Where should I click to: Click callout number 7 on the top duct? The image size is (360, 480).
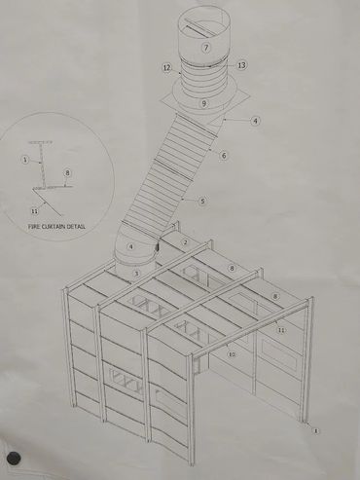coord(206,48)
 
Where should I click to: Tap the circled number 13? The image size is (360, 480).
coord(241,65)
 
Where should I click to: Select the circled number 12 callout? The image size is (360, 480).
coord(166,68)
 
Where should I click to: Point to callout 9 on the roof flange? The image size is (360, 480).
coord(203,103)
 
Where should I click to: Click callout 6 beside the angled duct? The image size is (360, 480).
coord(224,156)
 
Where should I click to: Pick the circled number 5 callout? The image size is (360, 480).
coord(202,201)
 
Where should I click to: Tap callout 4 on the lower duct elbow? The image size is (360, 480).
coord(131,246)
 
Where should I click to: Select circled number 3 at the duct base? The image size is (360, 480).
coord(136,274)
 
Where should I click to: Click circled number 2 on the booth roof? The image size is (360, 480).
coord(185,242)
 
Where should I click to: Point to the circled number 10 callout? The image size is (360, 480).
coord(232,354)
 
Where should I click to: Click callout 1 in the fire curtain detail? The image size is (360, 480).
coord(25,160)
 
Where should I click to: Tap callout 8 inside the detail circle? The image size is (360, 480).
coord(67,172)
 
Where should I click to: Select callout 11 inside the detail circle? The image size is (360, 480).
coord(34,211)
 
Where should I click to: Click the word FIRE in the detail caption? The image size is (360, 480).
coord(34,227)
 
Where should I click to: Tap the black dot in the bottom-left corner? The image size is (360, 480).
coord(14,458)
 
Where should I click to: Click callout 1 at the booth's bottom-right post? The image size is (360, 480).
coord(315,431)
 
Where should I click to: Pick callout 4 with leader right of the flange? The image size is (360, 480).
coord(255,121)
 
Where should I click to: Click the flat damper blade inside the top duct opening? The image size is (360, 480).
coord(198,27)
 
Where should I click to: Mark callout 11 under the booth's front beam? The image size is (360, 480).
coord(281,330)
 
